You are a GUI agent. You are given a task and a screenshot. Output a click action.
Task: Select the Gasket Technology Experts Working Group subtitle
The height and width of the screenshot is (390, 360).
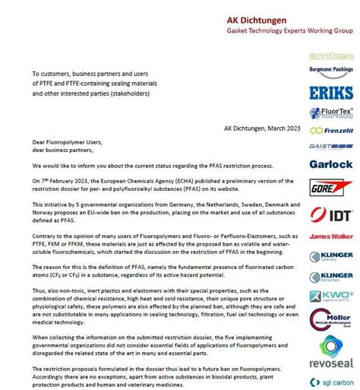click(x=279, y=33)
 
